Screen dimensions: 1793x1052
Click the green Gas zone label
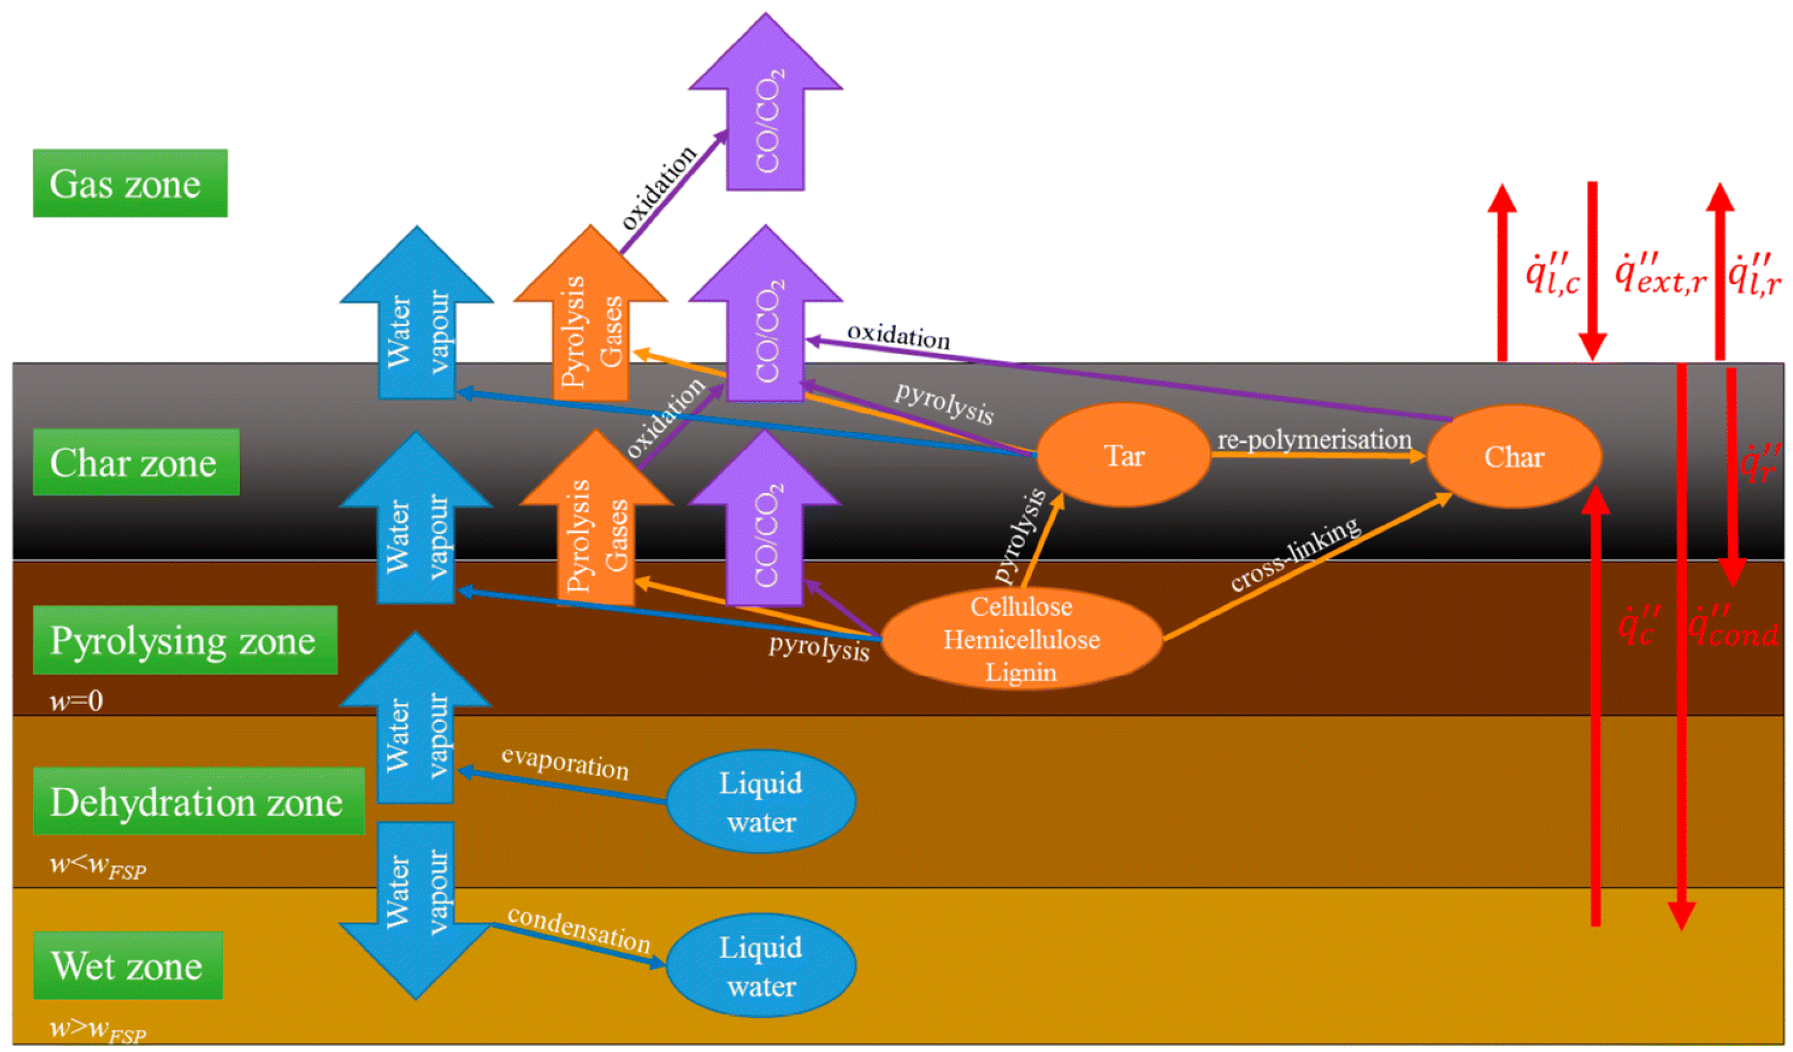130,183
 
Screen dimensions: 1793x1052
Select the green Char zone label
136,463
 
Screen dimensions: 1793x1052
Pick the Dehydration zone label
198,801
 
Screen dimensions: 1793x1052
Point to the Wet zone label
128,965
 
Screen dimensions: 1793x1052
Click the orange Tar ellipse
1123,455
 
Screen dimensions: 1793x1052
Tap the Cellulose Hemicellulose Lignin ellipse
1022,639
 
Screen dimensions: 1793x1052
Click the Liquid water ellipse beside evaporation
761,802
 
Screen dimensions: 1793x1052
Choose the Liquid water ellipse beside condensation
761,966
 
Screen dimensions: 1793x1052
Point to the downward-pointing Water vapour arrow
415,910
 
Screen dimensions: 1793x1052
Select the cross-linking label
1295,554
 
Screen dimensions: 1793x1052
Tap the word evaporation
565,763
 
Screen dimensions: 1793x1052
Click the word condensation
579,930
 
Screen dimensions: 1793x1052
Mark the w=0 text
76,702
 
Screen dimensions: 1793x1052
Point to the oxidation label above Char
898,336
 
